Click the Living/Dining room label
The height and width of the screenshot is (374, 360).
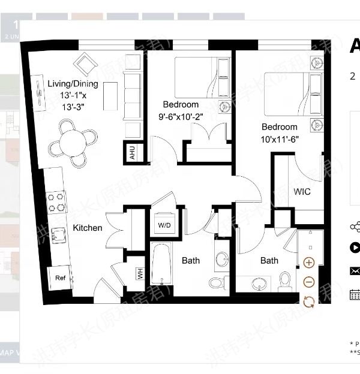(x=72, y=85)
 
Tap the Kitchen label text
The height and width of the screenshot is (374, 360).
(x=88, y=228)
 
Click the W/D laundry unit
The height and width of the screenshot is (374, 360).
(x=164, y=225)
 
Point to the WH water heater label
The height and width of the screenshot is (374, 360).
(x=140, y=274)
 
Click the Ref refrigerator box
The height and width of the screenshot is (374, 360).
(x=60, y=278)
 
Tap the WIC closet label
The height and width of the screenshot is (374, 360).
(x=302, y=192)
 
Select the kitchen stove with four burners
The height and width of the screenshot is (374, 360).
(x=57, y=202)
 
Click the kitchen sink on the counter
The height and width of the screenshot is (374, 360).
(x=58, y=235)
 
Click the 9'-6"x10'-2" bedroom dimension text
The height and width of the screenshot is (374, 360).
(x=181, y=117)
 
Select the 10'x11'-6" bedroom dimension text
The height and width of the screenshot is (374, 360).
(x=279, y=138)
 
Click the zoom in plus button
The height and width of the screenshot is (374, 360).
(x=308, y=263)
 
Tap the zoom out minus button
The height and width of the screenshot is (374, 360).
(x=308, y=282)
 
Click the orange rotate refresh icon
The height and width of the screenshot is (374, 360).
(x=308, y=301)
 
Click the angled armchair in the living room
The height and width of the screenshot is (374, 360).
(x=86, y=64)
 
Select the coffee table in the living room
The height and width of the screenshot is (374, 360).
(x=110, y=95)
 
